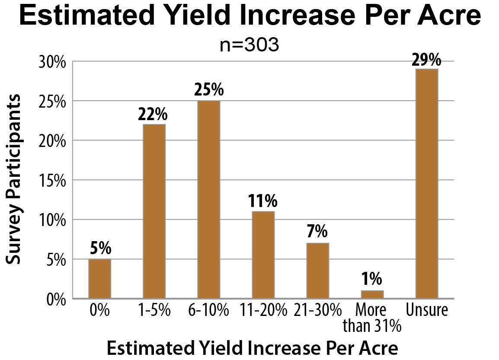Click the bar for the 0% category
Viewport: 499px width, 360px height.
pyautogui.click(x=99, y=279)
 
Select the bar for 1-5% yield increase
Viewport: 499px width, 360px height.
pyautogui.click(x=154, y=211)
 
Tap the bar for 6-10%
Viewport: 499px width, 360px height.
pyautogui.click(x=208, y=199)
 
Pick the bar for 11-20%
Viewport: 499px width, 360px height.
pyautogui.click(x=263, y=255)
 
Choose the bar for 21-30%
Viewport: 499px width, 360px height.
pyautogui.click(x=317, y=271)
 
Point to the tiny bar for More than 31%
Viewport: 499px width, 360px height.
pyautogui.click(x=372, y=294)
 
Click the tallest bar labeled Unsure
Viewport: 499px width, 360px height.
pyautogui.click(x=426, y=184)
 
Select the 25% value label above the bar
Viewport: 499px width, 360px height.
pyautogui.click(x=208, y=90)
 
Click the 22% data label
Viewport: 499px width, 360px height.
pyautogui.click(x=154, y=115)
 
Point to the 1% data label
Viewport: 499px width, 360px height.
pyautogui.click(x=372, y=280)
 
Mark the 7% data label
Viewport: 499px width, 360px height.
pyautogui.click(x=317, y=233)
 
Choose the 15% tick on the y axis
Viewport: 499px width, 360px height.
pyautogui.click(x=54, y=180)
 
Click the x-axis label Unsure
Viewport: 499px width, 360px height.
pyautogui.click(x=426, y=311)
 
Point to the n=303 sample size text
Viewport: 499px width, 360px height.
pyautogui.click(x=249, y=45)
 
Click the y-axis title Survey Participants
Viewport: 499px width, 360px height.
pyautogui.click(x=14, y=179)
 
